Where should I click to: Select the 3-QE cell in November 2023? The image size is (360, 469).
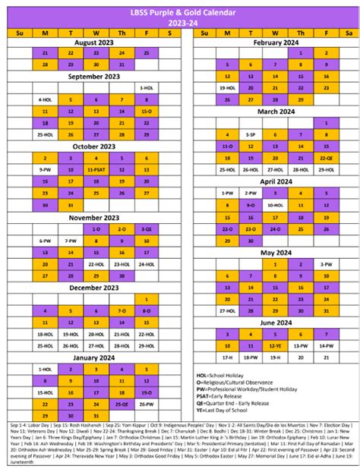point(146,228)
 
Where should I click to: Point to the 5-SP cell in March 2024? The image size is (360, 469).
point(250,134)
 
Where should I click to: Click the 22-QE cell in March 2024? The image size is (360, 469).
point(326,158)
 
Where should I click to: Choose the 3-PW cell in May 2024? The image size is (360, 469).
point(326,264)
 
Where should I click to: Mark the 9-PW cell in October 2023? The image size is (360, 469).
point(45,170)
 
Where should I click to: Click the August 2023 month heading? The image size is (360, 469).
point(94,42)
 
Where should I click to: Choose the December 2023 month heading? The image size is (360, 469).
point(94,288)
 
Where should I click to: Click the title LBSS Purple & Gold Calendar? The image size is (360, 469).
point(180,13)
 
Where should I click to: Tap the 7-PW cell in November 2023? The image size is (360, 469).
point(71,241)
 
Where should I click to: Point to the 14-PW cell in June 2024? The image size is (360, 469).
point(326,345)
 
